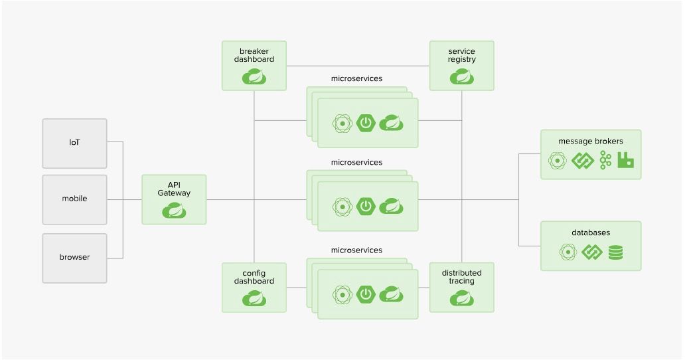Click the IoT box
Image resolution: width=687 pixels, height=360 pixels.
(x=74, y=143)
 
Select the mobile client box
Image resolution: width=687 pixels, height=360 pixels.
(x=74, y=199)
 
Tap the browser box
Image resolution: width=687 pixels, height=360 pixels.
(x=74, y=257)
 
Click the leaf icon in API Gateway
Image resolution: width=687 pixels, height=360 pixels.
(x=174, y=211)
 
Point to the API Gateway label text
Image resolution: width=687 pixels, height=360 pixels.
(x=174, y=189)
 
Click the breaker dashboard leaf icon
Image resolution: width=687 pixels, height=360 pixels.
(x=254, y=77)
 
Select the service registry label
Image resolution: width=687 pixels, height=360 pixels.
(x=461, y=55)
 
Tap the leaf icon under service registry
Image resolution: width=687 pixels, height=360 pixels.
(x=461, y=77)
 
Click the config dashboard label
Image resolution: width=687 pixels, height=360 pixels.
(x=254, y=277)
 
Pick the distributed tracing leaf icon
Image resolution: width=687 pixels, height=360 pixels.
(x=461, y=298)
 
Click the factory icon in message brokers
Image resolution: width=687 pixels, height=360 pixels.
(x=625, y=160)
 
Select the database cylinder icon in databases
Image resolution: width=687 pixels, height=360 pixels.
(x=615, y=252)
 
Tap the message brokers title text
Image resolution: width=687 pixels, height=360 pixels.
(x=591, y=141)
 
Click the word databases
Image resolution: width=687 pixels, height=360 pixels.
(x=591, y=232)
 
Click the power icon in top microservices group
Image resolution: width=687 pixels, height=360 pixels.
(x=366, y=123)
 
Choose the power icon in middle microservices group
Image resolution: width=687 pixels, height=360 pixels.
(x=366, y=206)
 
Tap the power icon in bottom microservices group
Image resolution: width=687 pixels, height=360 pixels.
(x=366, y=293)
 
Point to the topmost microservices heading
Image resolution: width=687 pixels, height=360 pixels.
(x=356, y=78)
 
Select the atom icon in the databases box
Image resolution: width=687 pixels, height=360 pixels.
(x=567, y=252)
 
